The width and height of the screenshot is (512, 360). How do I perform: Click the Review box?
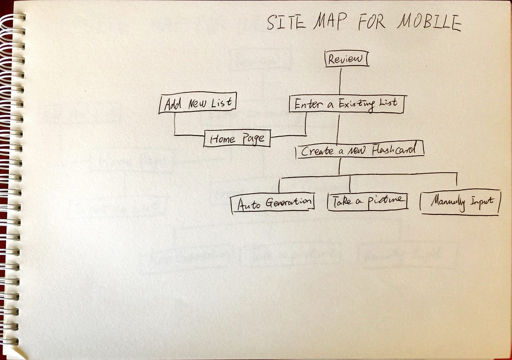[346, 59]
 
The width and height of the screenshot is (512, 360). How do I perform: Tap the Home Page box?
[237, 138]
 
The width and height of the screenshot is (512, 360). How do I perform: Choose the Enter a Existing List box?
[346, 104]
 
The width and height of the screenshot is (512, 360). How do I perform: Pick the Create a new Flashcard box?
[360, 150]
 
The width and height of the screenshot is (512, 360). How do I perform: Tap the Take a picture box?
[367, 201]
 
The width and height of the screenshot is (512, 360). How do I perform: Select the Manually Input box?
[460, 201]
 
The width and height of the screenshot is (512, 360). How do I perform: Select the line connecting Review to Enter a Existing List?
[340, 81]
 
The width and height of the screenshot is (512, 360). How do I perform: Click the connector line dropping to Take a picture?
[350, 184]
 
